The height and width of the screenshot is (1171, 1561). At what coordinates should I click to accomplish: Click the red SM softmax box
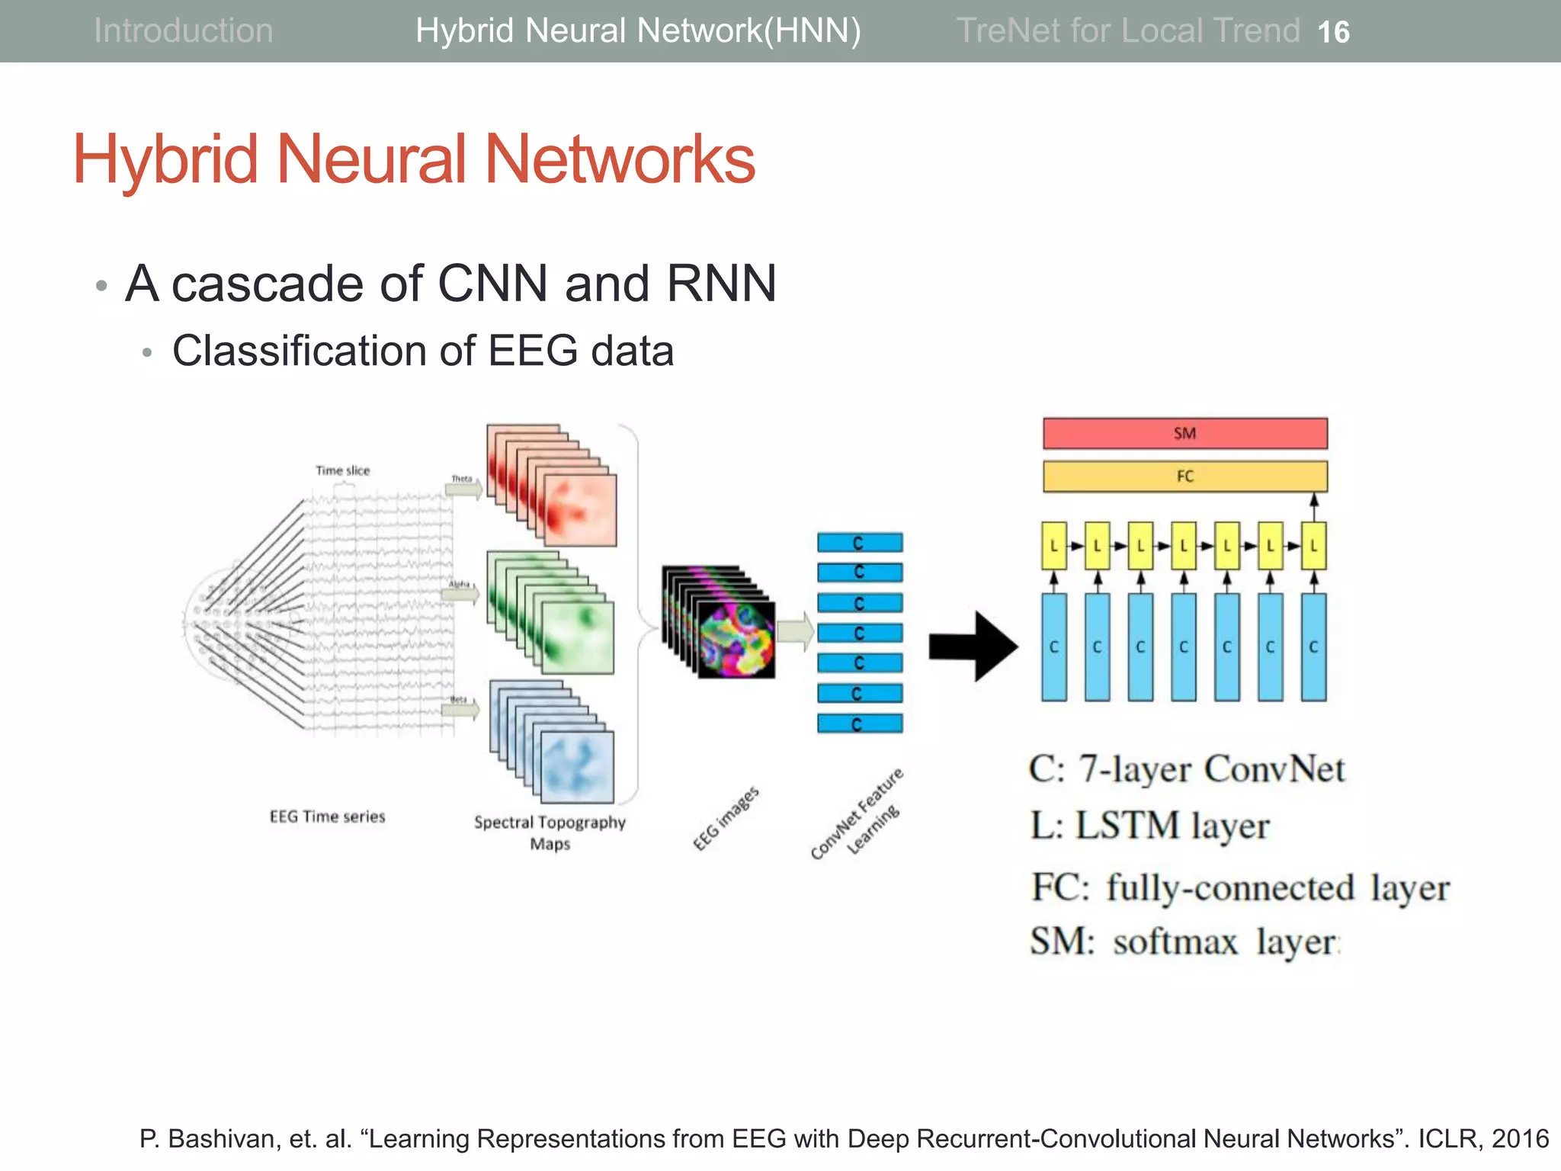pos(1184,433)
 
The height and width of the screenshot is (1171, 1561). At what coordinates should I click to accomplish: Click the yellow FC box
pos(1184,476)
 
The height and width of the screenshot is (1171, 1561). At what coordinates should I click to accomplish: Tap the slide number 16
pos(1333,32)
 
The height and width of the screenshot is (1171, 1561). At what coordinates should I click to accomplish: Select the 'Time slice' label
pos(342,470)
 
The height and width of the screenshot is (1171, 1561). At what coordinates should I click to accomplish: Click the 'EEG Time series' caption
pos(327,816)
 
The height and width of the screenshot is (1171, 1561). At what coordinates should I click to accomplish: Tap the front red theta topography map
pos(580,509)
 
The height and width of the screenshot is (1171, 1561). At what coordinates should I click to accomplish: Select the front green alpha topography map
pos(578,637)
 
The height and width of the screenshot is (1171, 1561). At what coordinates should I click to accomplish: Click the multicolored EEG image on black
pos(736,639)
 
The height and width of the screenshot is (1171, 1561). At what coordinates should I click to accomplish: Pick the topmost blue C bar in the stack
pos(860,543)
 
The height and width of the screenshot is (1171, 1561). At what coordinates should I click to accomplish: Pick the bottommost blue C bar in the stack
pos(860,723)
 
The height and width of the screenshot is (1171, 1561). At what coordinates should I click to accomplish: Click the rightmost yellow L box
pos(1313,546)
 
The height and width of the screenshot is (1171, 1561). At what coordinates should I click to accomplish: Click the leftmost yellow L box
pos(1053,546)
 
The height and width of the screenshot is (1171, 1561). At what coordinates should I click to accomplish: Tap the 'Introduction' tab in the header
pos(183,31)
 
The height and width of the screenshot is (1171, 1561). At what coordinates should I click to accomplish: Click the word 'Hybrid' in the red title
pos(165,159)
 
